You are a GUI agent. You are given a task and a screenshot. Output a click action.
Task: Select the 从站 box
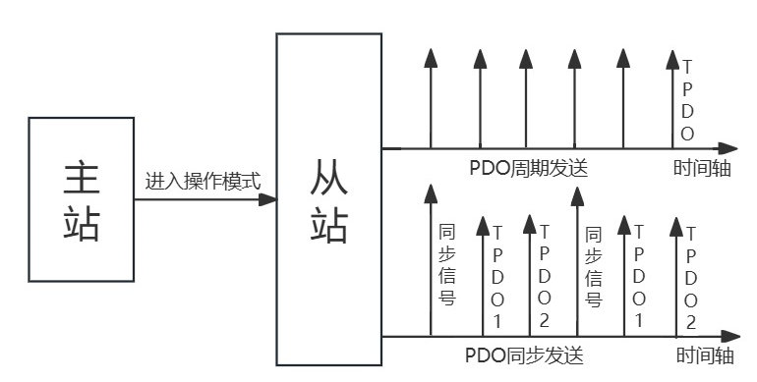[328, 198]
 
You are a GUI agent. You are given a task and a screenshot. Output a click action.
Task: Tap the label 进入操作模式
[203, 182]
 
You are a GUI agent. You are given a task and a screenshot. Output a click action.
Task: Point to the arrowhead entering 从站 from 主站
[267, 199]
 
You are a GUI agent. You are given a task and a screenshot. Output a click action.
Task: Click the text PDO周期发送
[529, 167]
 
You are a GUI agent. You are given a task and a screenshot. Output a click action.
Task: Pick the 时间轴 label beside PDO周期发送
[702, 168]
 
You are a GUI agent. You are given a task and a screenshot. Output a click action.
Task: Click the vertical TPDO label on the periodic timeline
[687, 100]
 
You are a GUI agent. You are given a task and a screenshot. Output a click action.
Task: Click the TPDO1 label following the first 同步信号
[497, 277]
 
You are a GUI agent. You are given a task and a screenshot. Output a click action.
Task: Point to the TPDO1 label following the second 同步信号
[640, 277]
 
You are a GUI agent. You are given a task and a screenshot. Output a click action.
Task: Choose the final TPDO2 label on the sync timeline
[691, 277]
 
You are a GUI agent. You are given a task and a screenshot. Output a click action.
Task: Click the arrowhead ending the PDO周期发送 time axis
[734, 149]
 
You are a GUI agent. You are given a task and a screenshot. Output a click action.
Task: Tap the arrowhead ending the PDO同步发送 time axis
[734, 337]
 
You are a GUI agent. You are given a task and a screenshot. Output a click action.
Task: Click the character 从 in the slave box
[328, 178]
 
